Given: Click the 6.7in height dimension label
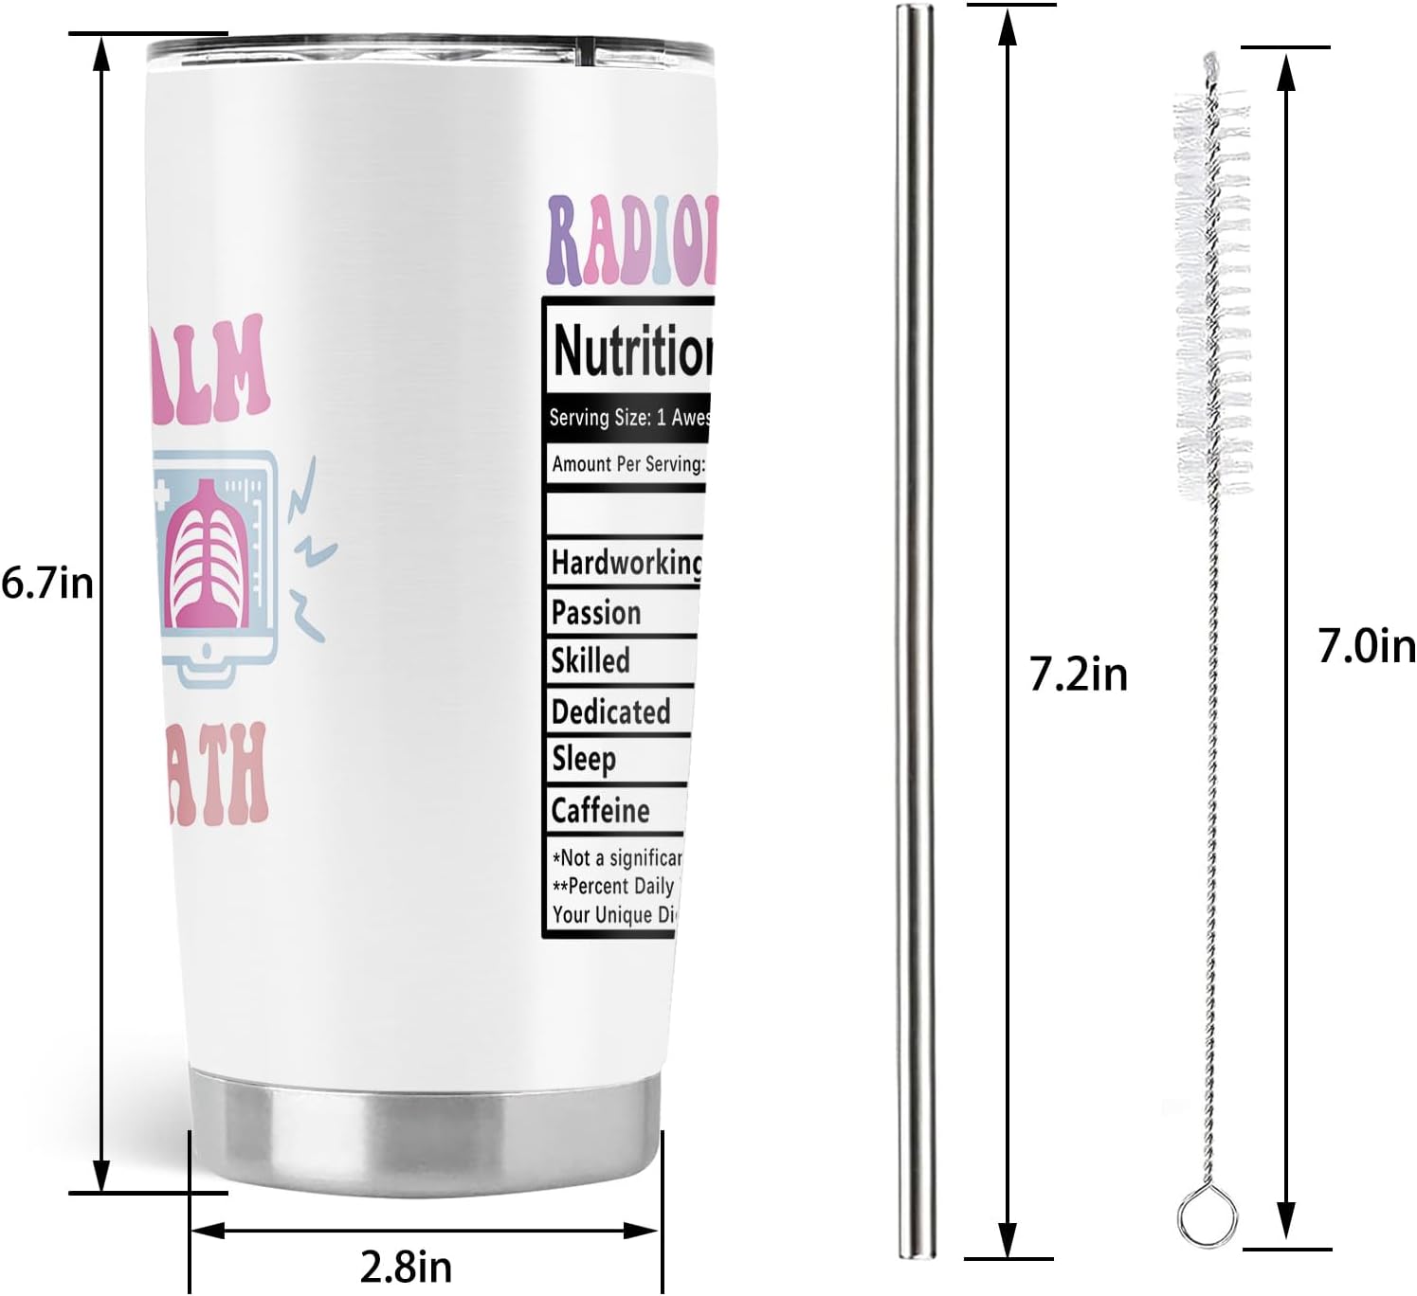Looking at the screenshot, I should point(47,583).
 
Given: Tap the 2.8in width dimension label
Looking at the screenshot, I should point(407,1266).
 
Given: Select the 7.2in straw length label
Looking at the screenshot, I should point(1079,675).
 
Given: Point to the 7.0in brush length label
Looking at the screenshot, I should point(1366,648).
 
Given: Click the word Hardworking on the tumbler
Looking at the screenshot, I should point(627,563).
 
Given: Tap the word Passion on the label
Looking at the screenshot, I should point(596,613).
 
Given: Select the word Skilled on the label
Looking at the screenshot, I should point(590,660).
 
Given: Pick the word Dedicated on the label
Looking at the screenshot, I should point(610,711).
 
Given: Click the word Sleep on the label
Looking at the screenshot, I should point(584,760).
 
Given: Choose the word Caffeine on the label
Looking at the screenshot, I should point(600,811).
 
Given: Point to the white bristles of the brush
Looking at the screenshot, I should point(1212,284).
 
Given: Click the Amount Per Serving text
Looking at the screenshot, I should point(628,464).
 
